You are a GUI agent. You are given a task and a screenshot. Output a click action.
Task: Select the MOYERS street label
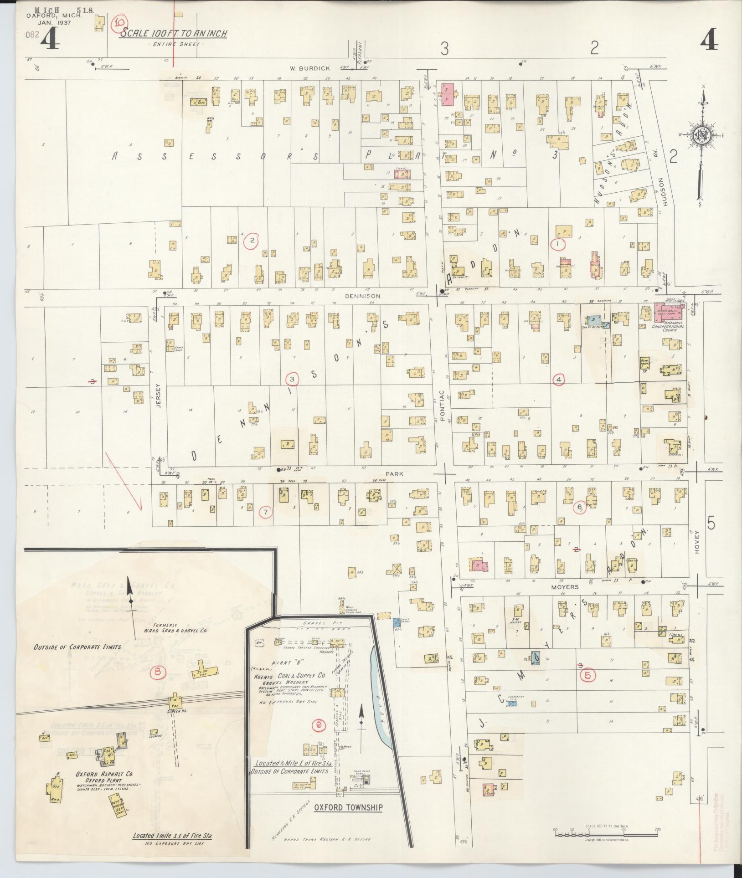pyautogui.click(x=567, y=587)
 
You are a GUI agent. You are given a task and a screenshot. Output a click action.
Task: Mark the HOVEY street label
pyautogui.click(x=696, y=542)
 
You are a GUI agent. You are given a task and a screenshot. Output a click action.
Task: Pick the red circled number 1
pyautogui.click(x=558, y=244)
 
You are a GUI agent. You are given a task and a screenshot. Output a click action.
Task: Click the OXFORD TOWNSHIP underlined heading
pyautogui.click(x=348, y=807)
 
